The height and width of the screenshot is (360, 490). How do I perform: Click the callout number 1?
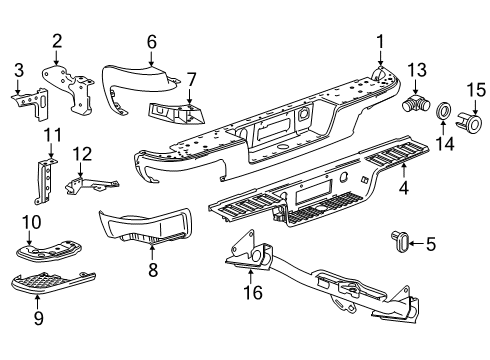[x=379, y=41]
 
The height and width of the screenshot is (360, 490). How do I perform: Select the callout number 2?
[x=57, y=40]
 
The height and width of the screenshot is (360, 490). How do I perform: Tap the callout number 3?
[x=18, y=68]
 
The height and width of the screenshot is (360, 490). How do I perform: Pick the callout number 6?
[x=152, y=41]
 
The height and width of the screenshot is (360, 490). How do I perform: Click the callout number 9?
[x=39, y=320]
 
